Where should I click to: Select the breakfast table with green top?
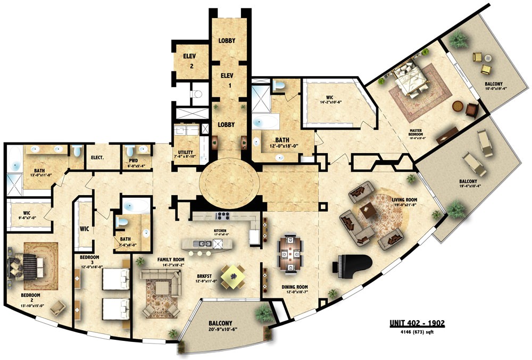[232, 276]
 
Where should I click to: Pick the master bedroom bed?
[411, 79]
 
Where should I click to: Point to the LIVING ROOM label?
[406, 200]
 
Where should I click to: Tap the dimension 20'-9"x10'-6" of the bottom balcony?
[224, 329]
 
